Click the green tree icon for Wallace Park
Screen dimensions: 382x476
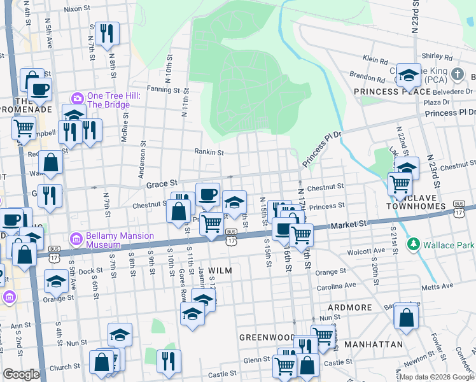pyautogui.click(x=414, y=244)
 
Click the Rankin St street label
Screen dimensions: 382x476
pyautogui.click(x=209, y=152)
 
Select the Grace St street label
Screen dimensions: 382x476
pyautogui.click(x=160, y=185)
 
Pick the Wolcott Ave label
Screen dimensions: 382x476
pyautogui.click(x=366, y=251)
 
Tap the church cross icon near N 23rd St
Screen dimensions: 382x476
pyautogui.click(x=457, y=74)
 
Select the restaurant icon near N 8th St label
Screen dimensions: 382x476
pyautogui.click(x=106, y=32)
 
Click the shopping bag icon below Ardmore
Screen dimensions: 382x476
pyautogui.click(x=405, y=316)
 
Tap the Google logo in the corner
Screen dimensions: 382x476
pyautogui.click(x=21, y=374)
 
